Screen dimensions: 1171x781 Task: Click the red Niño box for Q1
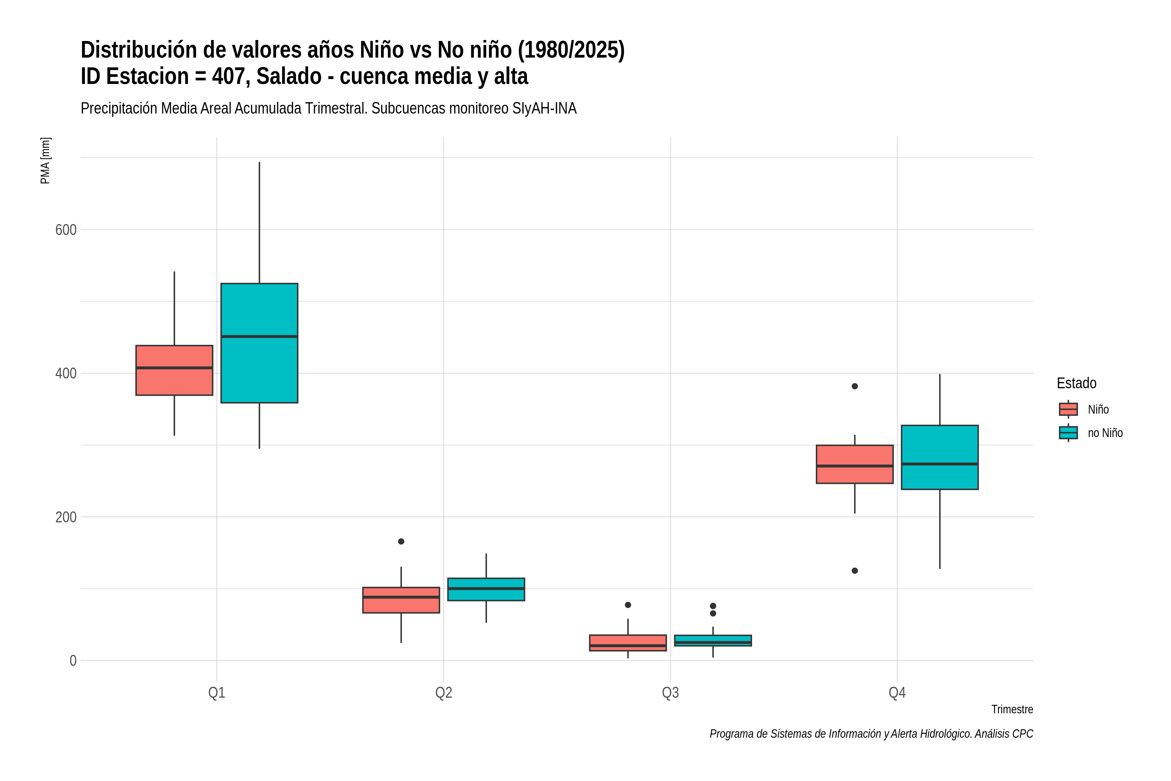point(174,370)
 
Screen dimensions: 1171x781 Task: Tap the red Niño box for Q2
point(401,600)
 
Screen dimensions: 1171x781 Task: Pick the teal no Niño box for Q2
point(486,589)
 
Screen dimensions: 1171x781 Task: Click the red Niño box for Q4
point(855,464)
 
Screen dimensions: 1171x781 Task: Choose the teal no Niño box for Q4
point(940,457)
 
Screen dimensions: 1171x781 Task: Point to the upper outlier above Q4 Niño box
point(855,386)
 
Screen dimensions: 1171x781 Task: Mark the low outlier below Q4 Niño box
point(855,571)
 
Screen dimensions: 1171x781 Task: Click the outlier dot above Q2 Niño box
point(401,541)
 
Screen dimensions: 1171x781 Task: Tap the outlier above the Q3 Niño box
point(628,605)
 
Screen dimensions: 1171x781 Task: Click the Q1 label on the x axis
point(217,692)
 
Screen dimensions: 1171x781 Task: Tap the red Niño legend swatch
point(1069,409)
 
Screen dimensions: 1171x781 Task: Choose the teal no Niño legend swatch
point(1069,433)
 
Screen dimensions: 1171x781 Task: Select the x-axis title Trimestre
point(1012,709)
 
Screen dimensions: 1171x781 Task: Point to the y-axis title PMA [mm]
point(45,160)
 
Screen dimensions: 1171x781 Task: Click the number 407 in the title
point(231,76)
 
